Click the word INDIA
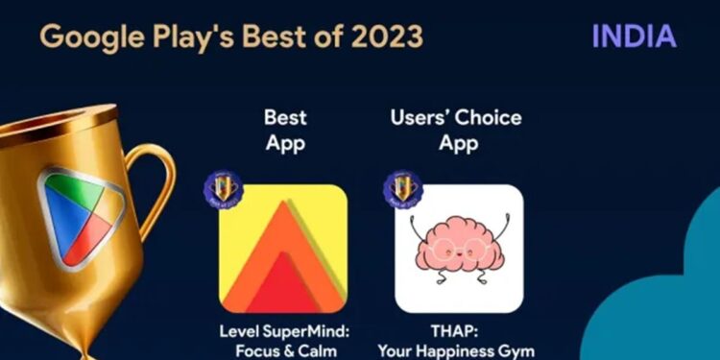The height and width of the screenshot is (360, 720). pos(634,36)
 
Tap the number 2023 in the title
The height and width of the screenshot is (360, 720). pos(378,37)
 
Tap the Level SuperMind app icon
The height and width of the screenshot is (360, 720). pos(283,248)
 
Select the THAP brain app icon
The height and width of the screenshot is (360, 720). pos(459,248)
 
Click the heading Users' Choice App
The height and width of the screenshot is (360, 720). pos(456,131)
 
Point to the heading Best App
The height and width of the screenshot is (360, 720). pos(284,131)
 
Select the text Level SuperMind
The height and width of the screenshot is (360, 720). pos(283,332)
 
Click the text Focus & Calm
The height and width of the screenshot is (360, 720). pos(283,350)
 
